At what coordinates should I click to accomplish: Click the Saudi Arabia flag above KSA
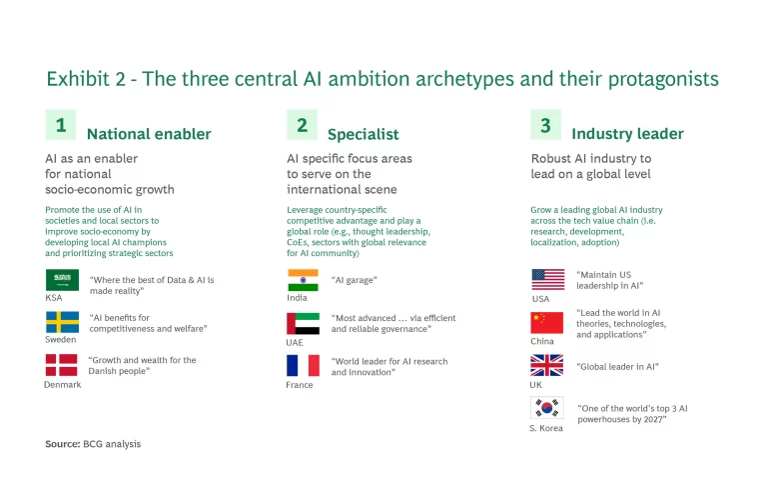click(x=62, y=280)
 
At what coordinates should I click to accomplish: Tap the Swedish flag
click(x=62, y=322)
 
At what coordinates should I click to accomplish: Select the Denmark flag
click(x=62, y=365)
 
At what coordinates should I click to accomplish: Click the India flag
click(x=303, y=280)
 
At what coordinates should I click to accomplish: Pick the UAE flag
click(x=303, y=323)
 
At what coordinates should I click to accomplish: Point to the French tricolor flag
click(x=303, y=365)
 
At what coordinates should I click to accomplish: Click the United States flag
click(x=548, y=280)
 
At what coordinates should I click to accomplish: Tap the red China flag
click(x=547, y=323)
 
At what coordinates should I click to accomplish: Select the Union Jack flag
click(x=547, y=365)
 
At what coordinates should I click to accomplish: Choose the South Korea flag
click(x=547, y=407)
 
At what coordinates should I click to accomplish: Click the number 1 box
click(x=61, y=125)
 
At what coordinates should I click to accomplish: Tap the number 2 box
click(x=302, y=125)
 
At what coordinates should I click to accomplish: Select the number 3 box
click(x=546, y=125)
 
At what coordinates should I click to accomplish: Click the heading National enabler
click(x=149, y=134)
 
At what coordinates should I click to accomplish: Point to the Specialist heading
click(x=363, y=134)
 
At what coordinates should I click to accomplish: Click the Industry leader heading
click(x=627, y=134)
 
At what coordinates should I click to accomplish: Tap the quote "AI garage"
click(x=355, y=280)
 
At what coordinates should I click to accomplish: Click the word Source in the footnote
click(x=63, y=444)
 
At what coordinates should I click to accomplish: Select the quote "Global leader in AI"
click(x=618, y=366)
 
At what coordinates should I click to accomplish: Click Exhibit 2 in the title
click(x=86, y=79)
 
